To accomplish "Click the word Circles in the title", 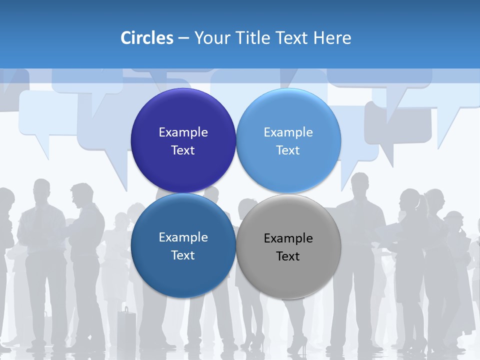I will (147, 38).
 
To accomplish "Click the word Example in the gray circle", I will (288, 238).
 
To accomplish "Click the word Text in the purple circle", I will (183, 150).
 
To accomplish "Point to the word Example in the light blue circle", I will (288, 132).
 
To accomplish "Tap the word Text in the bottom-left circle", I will (183, 255).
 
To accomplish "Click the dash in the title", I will (183, 38).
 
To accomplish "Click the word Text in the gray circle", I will (288, 256).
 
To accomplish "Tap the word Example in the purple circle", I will (183, 132).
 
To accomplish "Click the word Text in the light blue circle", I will (288, 150).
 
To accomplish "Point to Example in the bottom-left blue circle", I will (183, 237).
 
